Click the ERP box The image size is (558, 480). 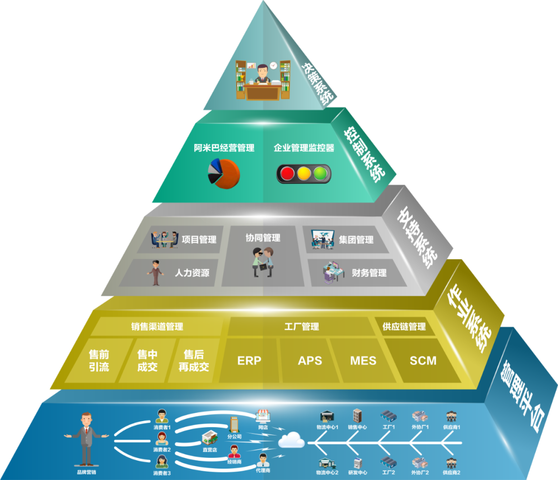pyautogui.click(x=249, y=361)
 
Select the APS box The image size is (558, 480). pyautogui.click(x=310, y=361)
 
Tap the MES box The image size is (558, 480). pyautogui.click(x=363, y=361)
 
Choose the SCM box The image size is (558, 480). pyautogui.click(x=423, y=361)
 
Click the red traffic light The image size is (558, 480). pyautogui.click(x=287, y=173)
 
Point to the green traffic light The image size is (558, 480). pyautogui.click(x=321, y=173)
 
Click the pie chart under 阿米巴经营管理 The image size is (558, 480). pyautogui.click(x=224, y=173)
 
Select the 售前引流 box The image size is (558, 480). pyautogui.click(x=99, y=361)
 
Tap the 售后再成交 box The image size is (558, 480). pyautogui.click(x=194, y=361)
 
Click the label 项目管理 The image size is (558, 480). pyautogui.click(x=199, y=239)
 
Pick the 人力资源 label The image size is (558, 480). pyautogui.click(x=192, y=273)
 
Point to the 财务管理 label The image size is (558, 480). pyautogui.click(x=369, y=273)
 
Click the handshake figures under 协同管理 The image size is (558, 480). pyautogui.click(x=263, y=261)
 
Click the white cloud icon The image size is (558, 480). pyautogui.click(x=291, y=441)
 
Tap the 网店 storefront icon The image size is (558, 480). pyautogui.click(x=262, y=416)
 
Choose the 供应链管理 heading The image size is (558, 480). pyautogui.click(x=404, y=326)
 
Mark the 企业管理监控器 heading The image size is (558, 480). pyautogui.click(x=304, y=148)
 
